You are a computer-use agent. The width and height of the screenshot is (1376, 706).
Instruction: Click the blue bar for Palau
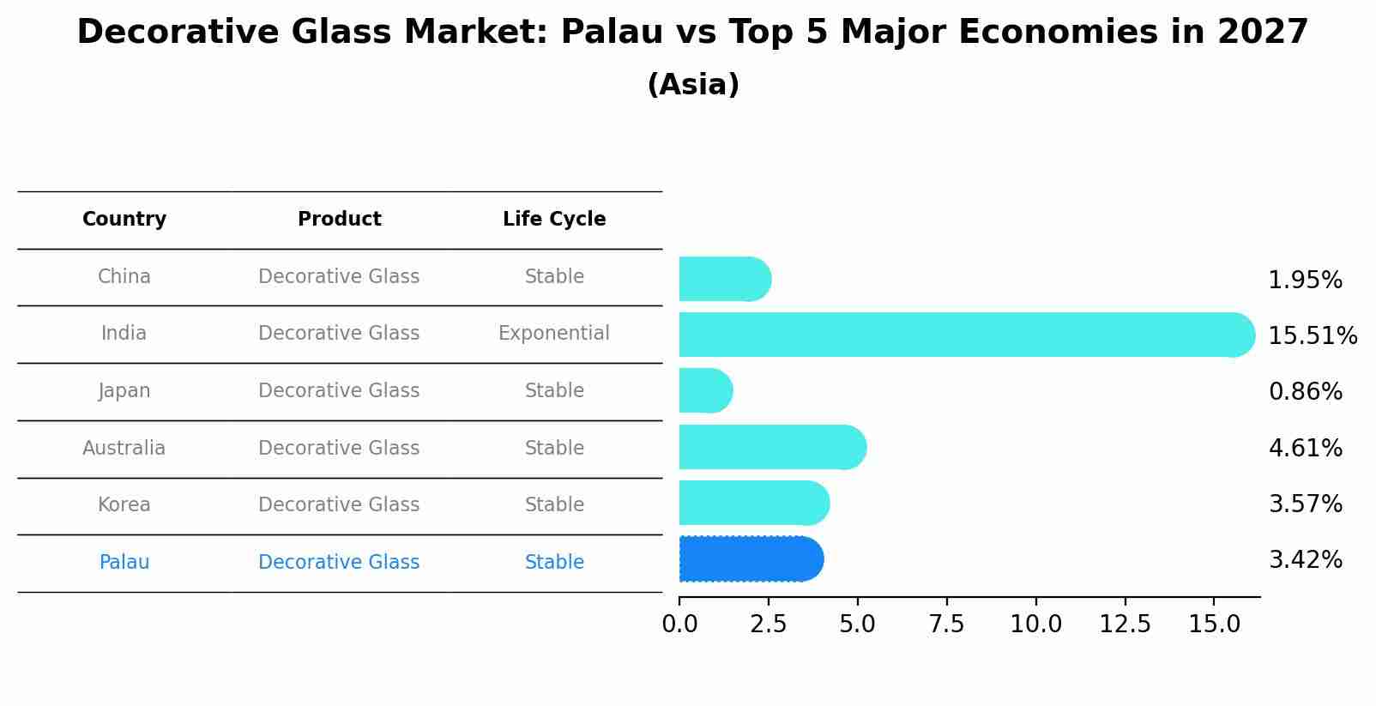click(751, 559)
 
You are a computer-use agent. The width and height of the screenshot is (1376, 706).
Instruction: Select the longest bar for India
click(965, 335)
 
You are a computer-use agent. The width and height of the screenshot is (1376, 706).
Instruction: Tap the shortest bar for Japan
click(705, 391)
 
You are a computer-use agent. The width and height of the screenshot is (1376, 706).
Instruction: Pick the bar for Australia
click(772, 448)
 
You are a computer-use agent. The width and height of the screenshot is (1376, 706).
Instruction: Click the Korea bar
click(753, 504)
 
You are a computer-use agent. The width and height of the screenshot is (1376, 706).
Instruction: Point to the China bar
click(725, 280)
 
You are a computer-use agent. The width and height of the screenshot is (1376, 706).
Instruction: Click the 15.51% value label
click(1312, 335)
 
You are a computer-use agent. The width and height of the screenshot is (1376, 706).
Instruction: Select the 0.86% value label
click(1305, 392)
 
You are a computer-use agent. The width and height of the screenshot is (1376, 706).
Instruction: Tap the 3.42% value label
click(1305, 560)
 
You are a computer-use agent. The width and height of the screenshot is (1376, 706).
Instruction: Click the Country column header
click(124, 220)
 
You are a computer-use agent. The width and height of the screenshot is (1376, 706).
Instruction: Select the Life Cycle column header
click(554, 220)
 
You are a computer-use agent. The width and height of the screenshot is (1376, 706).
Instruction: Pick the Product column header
click(339, 220)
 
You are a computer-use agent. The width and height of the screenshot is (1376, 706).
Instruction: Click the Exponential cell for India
click(554, 334)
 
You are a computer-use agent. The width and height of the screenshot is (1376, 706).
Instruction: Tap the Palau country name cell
click(124, 563)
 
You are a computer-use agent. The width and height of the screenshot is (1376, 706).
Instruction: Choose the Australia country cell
click(124, 449)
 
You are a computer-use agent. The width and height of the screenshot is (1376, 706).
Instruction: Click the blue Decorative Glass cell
click(339, 563)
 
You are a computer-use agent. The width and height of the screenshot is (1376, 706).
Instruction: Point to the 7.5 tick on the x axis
click(946, 625)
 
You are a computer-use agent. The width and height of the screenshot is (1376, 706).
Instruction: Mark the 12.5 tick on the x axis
click(1125, 625)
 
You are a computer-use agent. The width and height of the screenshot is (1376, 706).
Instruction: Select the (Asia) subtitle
click(693, 85)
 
